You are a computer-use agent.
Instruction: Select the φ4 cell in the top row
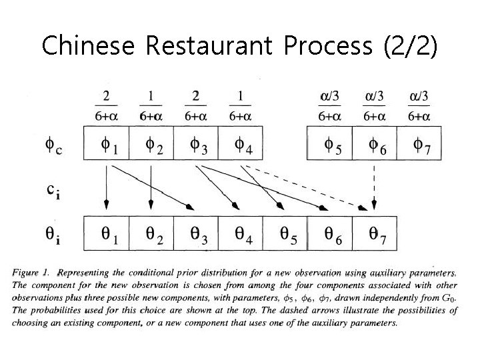(239, 144)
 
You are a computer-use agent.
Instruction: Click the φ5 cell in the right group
(329, 144)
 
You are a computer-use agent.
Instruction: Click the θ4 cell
(239, 233)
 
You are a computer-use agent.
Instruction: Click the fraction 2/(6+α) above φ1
(106, 105)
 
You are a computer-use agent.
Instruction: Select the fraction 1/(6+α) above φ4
(239, 105)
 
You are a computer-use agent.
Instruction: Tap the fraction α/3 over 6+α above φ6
(373, 105)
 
